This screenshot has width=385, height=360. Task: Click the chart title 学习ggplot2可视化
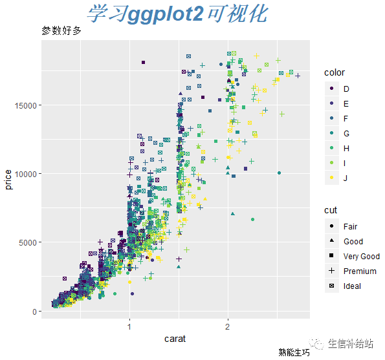tap(177, 14)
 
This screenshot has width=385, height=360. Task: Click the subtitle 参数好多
tap(61, 30)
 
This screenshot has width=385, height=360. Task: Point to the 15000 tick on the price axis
tap(25, 106)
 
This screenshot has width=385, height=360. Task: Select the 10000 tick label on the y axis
tap(25, 174)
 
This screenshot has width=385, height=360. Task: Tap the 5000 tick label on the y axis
tap(28, 243)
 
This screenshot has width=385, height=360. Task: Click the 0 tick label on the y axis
tap(34, 312)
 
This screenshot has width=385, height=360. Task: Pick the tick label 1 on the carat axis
tap(129, 326)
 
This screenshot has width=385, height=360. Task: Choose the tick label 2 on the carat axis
tap(228, 326)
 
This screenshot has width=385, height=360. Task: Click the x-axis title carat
tap(175, 339)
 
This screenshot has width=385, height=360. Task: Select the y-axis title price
tap(8, 180)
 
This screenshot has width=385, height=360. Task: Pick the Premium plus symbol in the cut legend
tap(332, 271)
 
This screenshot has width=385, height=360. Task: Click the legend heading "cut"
tap(331, 211)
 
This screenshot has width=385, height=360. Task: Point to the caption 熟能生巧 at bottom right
tap(294, 352)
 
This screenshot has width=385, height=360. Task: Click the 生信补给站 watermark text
tap(351, 344)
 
